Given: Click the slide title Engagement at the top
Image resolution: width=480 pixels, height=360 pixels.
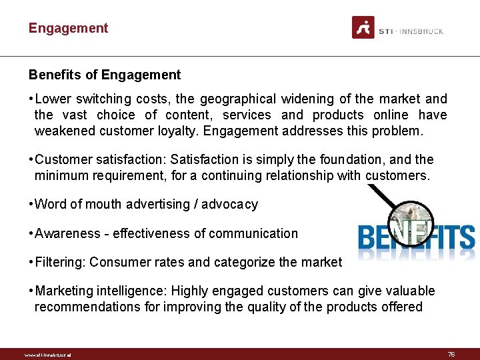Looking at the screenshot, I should pos(68,28).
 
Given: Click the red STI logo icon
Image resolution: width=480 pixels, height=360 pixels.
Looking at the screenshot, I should pos(363,28).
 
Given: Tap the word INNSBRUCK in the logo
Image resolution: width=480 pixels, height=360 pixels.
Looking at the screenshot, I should pos(421,31).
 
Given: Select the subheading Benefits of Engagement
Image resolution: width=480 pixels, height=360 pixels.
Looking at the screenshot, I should pos(105,75).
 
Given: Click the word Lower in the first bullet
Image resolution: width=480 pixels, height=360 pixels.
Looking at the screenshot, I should pos(51,99).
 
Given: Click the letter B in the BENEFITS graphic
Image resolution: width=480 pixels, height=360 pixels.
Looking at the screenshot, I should pos(368,237).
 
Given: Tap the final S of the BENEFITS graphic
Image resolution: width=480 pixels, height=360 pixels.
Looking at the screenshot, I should pos(465,237).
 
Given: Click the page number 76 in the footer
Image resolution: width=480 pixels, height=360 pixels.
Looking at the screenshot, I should pos(451,354).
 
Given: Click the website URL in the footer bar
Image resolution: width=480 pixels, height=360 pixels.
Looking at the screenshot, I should pos(47,355).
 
